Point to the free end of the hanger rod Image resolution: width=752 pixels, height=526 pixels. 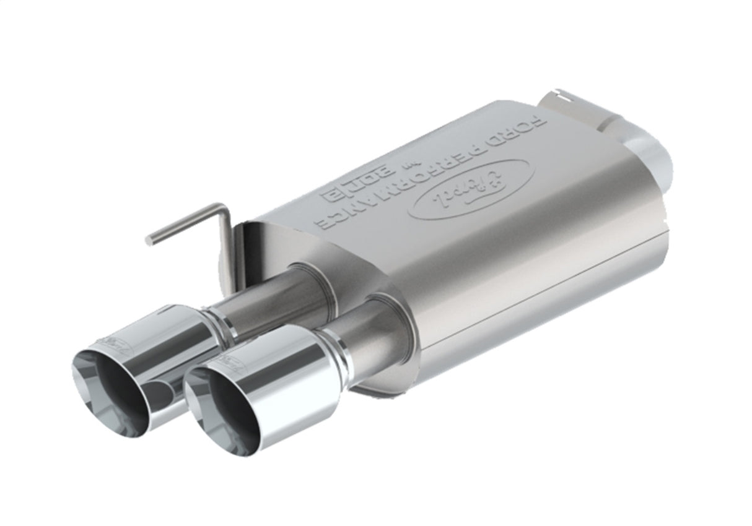[x=149, y=241]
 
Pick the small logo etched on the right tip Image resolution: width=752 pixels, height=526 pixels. [x=232, y=365]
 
